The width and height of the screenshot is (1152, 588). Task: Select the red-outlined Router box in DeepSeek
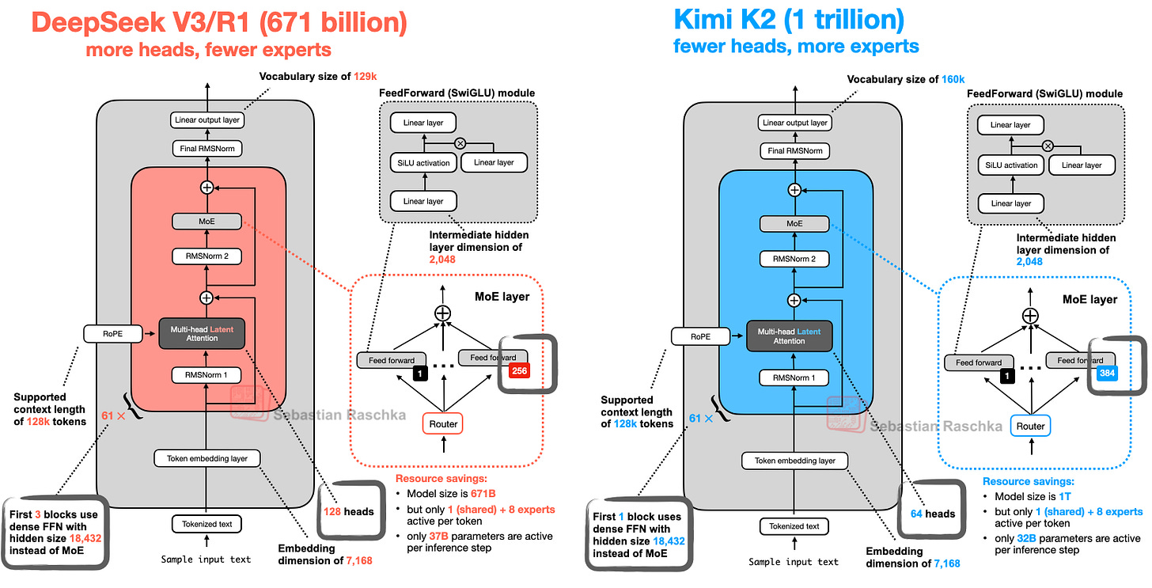443,423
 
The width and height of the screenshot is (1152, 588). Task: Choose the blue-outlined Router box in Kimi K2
1030,426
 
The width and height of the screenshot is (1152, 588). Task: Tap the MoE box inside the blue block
794,224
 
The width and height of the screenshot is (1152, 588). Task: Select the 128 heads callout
349,510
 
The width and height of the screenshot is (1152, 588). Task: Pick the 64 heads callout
934,513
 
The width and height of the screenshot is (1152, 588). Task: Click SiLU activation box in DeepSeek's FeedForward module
423,163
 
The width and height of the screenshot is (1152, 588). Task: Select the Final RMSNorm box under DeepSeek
206,148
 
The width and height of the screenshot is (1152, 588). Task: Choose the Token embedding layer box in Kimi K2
794,461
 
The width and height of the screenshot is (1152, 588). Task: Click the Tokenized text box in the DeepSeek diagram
207,524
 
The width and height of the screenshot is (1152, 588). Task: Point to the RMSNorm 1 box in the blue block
794,377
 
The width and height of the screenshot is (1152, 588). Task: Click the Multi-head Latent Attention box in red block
203,332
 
